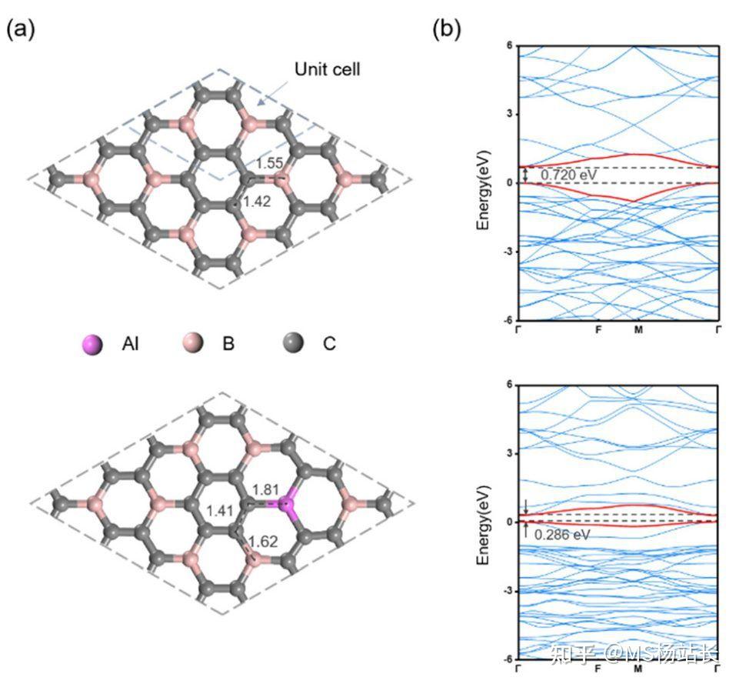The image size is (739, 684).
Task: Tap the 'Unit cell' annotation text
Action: [328, 70]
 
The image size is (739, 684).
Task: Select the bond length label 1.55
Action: [271, 163]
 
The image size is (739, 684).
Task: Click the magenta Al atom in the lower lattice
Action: [287, 505]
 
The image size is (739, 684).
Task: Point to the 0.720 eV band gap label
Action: [568, 175]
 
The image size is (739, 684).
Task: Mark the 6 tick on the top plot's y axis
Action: [510, 45]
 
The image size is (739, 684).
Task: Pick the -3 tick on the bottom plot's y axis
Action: [508, 591]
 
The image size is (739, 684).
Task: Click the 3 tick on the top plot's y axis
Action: [510, 114]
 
